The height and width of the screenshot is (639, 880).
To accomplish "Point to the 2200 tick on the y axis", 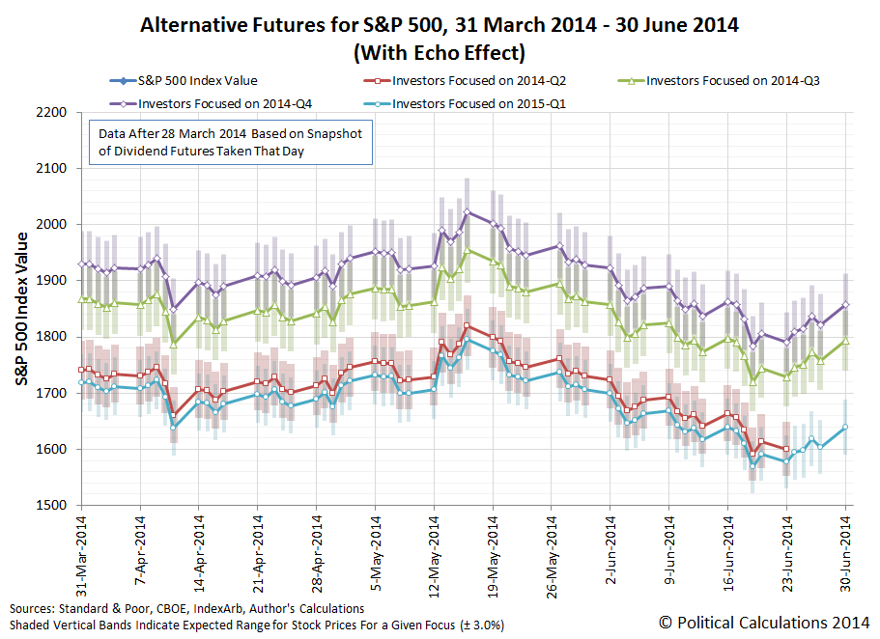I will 51,113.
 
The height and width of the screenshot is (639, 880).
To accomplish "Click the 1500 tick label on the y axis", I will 51,506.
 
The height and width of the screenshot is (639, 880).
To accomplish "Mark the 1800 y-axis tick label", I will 51,337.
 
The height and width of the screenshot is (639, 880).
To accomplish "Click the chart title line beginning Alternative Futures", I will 440,25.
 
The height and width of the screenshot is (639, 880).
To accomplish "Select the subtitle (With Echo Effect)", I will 440,50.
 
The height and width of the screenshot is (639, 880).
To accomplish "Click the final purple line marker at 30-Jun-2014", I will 846,304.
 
